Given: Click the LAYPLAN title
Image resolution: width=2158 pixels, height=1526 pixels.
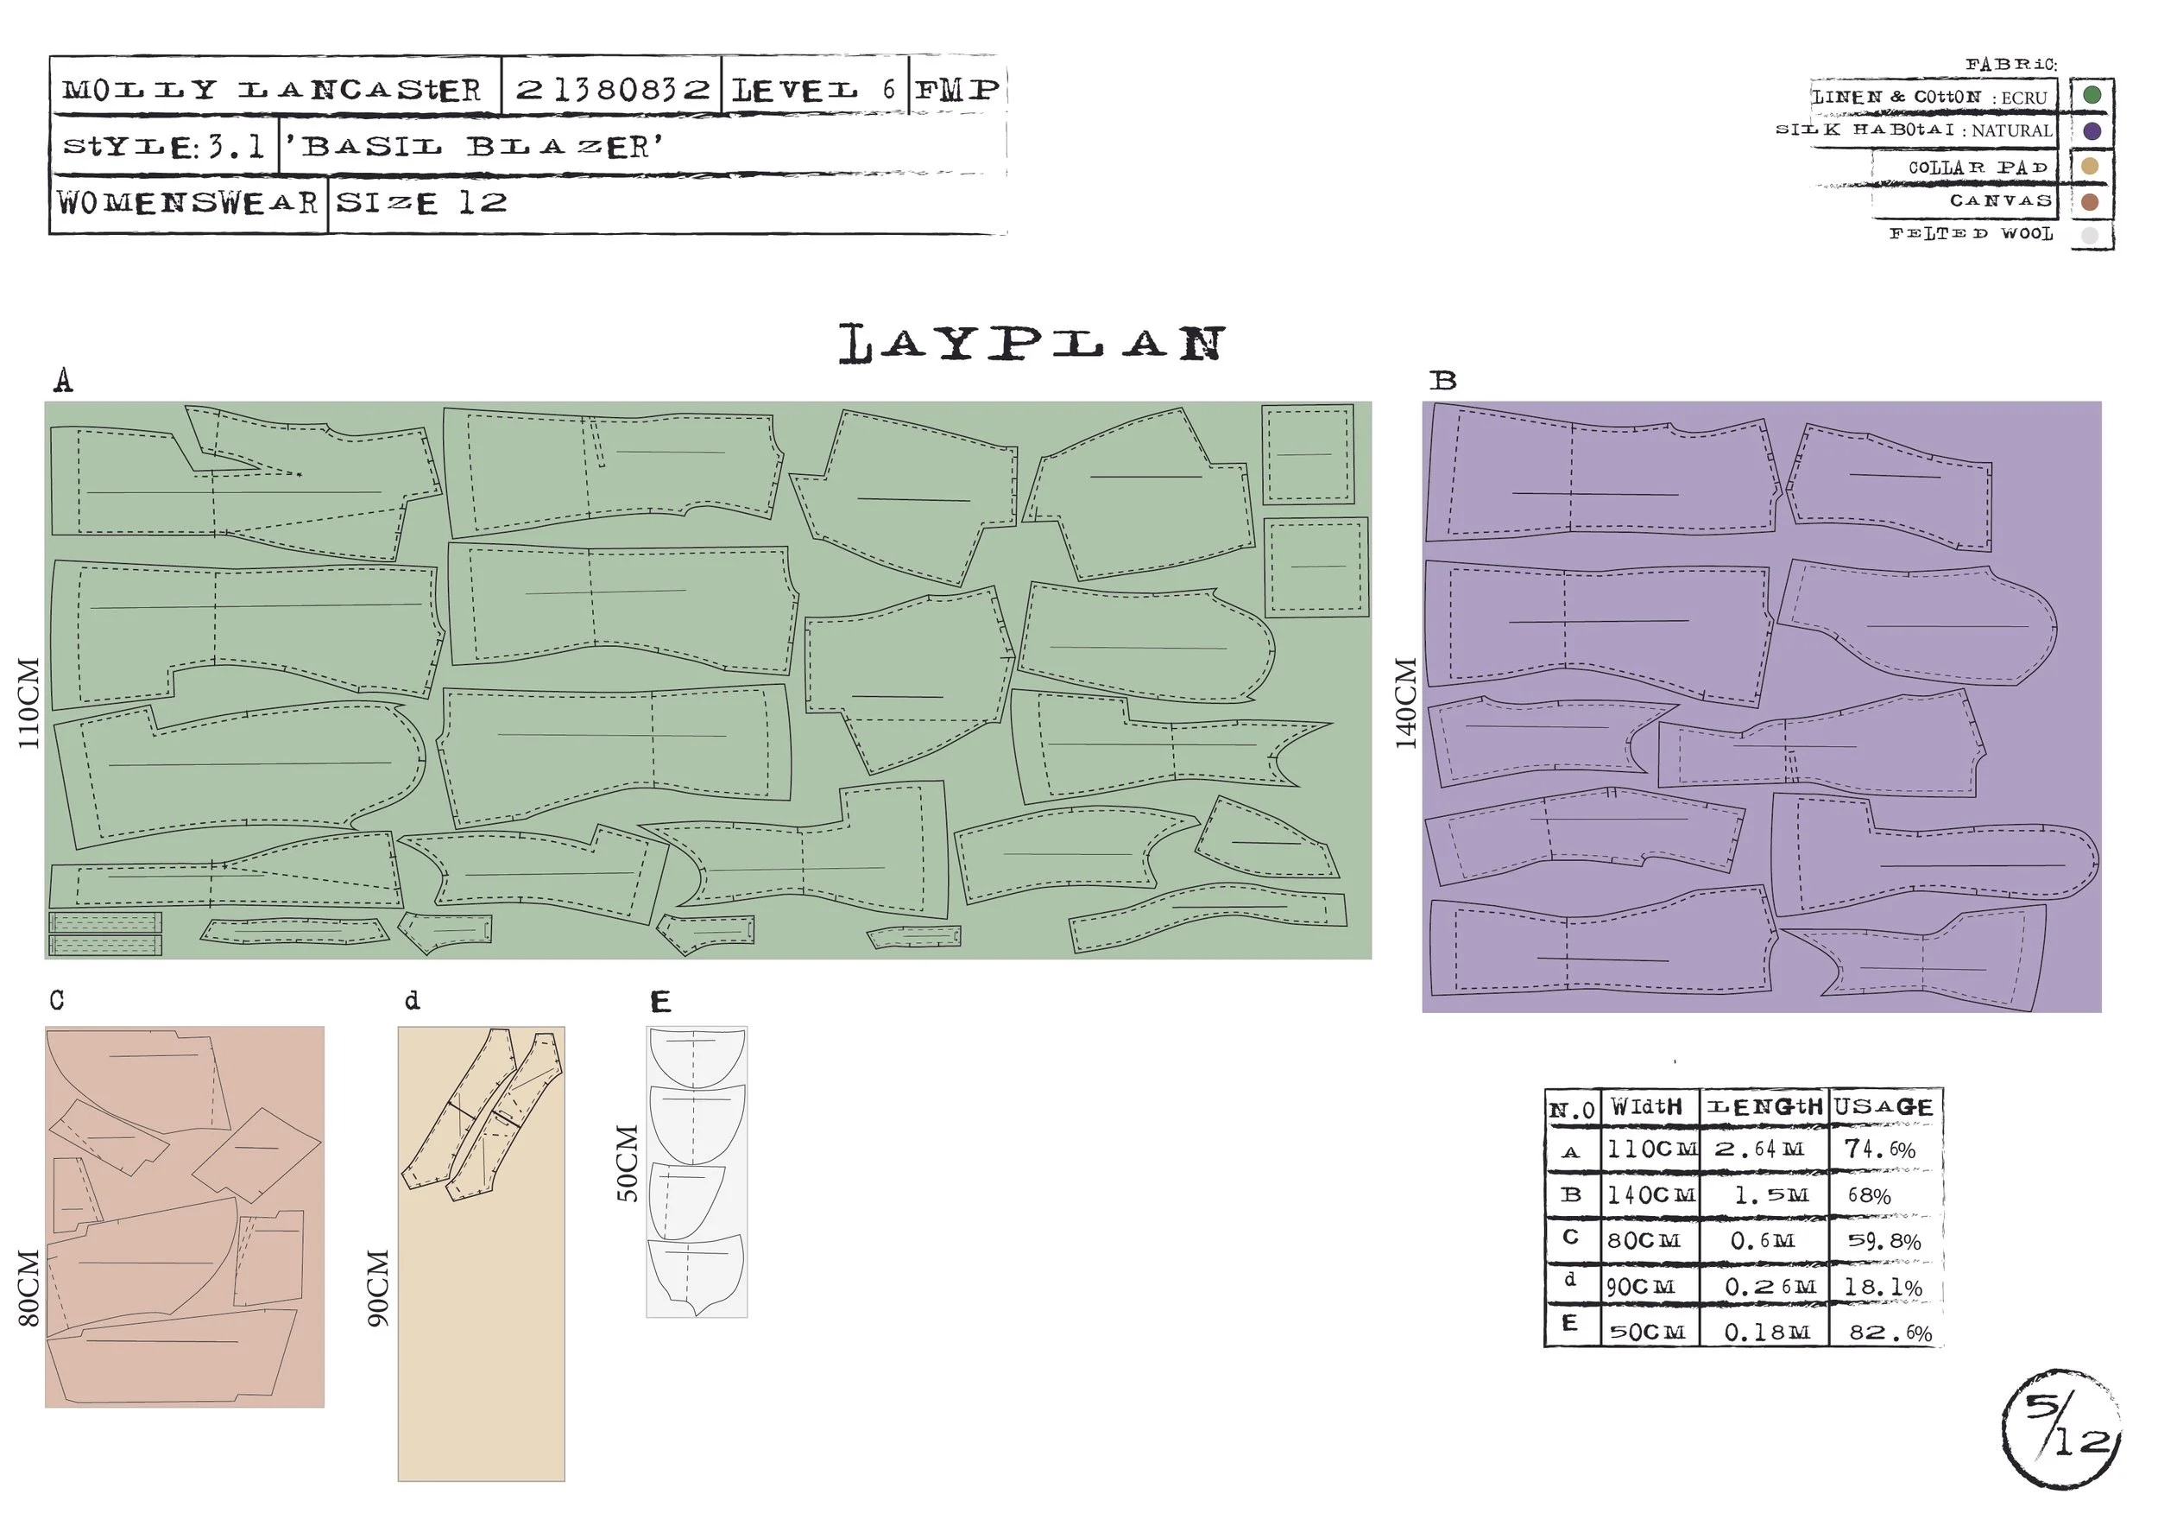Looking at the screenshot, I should pos(1032,343).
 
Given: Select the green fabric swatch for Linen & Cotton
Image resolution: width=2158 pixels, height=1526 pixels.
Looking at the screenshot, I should pos(2092,95).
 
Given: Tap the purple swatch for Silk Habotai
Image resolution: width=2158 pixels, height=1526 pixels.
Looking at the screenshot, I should pos(2092,130).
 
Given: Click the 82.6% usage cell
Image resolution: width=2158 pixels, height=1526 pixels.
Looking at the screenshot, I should pos(1890,1333).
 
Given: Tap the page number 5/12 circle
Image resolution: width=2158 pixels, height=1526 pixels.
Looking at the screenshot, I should pos(2061,1428).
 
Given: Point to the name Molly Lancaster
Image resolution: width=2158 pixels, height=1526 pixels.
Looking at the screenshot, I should pos(272,91).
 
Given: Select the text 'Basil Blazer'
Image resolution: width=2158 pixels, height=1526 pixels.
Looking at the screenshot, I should pos(474,147).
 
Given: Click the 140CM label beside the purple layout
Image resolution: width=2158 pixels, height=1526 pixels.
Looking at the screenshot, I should pos(1405,702).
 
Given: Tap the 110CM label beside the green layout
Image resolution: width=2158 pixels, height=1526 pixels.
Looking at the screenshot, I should pos(29,702).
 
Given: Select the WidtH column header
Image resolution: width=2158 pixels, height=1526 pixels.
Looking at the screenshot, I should pos(1646,1106).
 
